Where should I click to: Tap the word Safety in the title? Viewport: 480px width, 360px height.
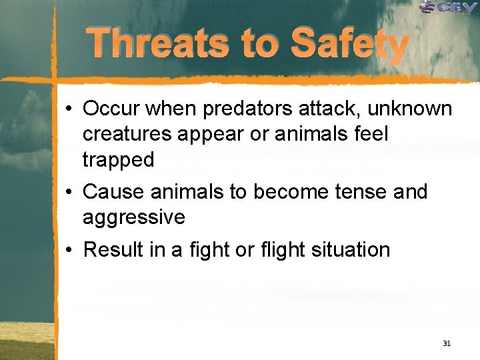349,45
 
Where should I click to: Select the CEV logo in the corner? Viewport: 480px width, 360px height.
450,7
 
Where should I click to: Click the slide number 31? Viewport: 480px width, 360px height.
446,343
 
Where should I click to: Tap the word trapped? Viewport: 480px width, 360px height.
118,160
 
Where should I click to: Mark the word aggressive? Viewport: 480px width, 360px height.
133,218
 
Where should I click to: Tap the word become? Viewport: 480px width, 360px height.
286,192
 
